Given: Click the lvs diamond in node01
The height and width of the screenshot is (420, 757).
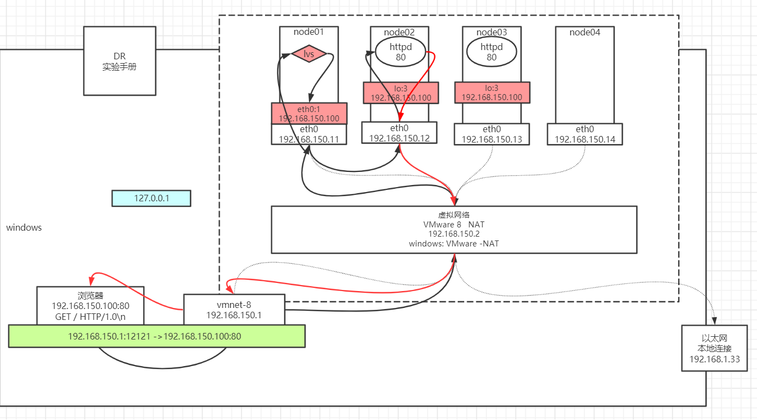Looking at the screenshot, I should pos(309,54).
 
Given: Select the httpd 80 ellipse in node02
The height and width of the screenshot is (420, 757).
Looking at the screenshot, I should pos(401,52).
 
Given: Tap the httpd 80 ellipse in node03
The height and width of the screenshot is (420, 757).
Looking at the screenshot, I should pos(491,52).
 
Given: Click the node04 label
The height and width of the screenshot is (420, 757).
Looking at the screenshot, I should pos(584,32).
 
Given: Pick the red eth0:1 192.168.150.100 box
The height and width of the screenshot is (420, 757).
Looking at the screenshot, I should pos(309,113).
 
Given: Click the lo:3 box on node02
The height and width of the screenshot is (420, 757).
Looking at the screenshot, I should pos(401,92).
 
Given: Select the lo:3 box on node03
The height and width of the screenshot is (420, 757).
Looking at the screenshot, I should pos(491,92).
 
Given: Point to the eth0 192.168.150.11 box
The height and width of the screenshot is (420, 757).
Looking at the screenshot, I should pos(309,134).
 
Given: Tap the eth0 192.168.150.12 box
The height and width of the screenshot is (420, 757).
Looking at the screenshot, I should pos(399,133).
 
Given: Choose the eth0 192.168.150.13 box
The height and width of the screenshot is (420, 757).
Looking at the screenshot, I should pos(491,134).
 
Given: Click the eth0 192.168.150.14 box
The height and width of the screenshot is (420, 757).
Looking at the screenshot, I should pos(584,134).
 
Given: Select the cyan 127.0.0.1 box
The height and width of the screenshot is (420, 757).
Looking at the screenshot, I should pos(151,198).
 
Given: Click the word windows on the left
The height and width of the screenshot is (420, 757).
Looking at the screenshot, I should pos(24,227).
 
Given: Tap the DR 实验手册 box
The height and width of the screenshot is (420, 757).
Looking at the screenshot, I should pos(120,61).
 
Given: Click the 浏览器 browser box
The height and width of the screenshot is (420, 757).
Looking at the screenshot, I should pos(90,306).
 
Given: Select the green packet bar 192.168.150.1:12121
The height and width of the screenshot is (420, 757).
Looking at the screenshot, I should pos(157,336).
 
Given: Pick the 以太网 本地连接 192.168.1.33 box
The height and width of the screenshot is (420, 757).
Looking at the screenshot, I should pos(713,348).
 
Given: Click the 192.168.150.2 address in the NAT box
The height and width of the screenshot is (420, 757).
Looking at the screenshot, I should pos(453,234).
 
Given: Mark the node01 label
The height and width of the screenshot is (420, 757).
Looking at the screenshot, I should pos(309,32).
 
